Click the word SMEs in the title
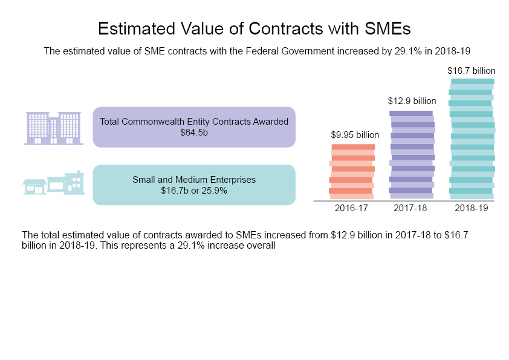(x=389, y=28)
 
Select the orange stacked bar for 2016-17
(x=352, y=172)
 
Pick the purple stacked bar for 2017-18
(x=412, y=155)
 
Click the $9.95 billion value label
(x=355, y=134)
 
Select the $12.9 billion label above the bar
(x=412, y=100)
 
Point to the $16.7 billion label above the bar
(x=472, y=70)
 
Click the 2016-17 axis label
(x=351, y=208)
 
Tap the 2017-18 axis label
(x=410, y=208)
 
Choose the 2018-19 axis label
(x=471, y=208)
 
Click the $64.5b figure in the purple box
(x=194, y=132)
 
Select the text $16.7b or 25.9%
(x=194, y=190)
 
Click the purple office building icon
(x=53, y=128)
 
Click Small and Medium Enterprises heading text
(x=194, y=180)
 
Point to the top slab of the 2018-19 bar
(x=472, y=82)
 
